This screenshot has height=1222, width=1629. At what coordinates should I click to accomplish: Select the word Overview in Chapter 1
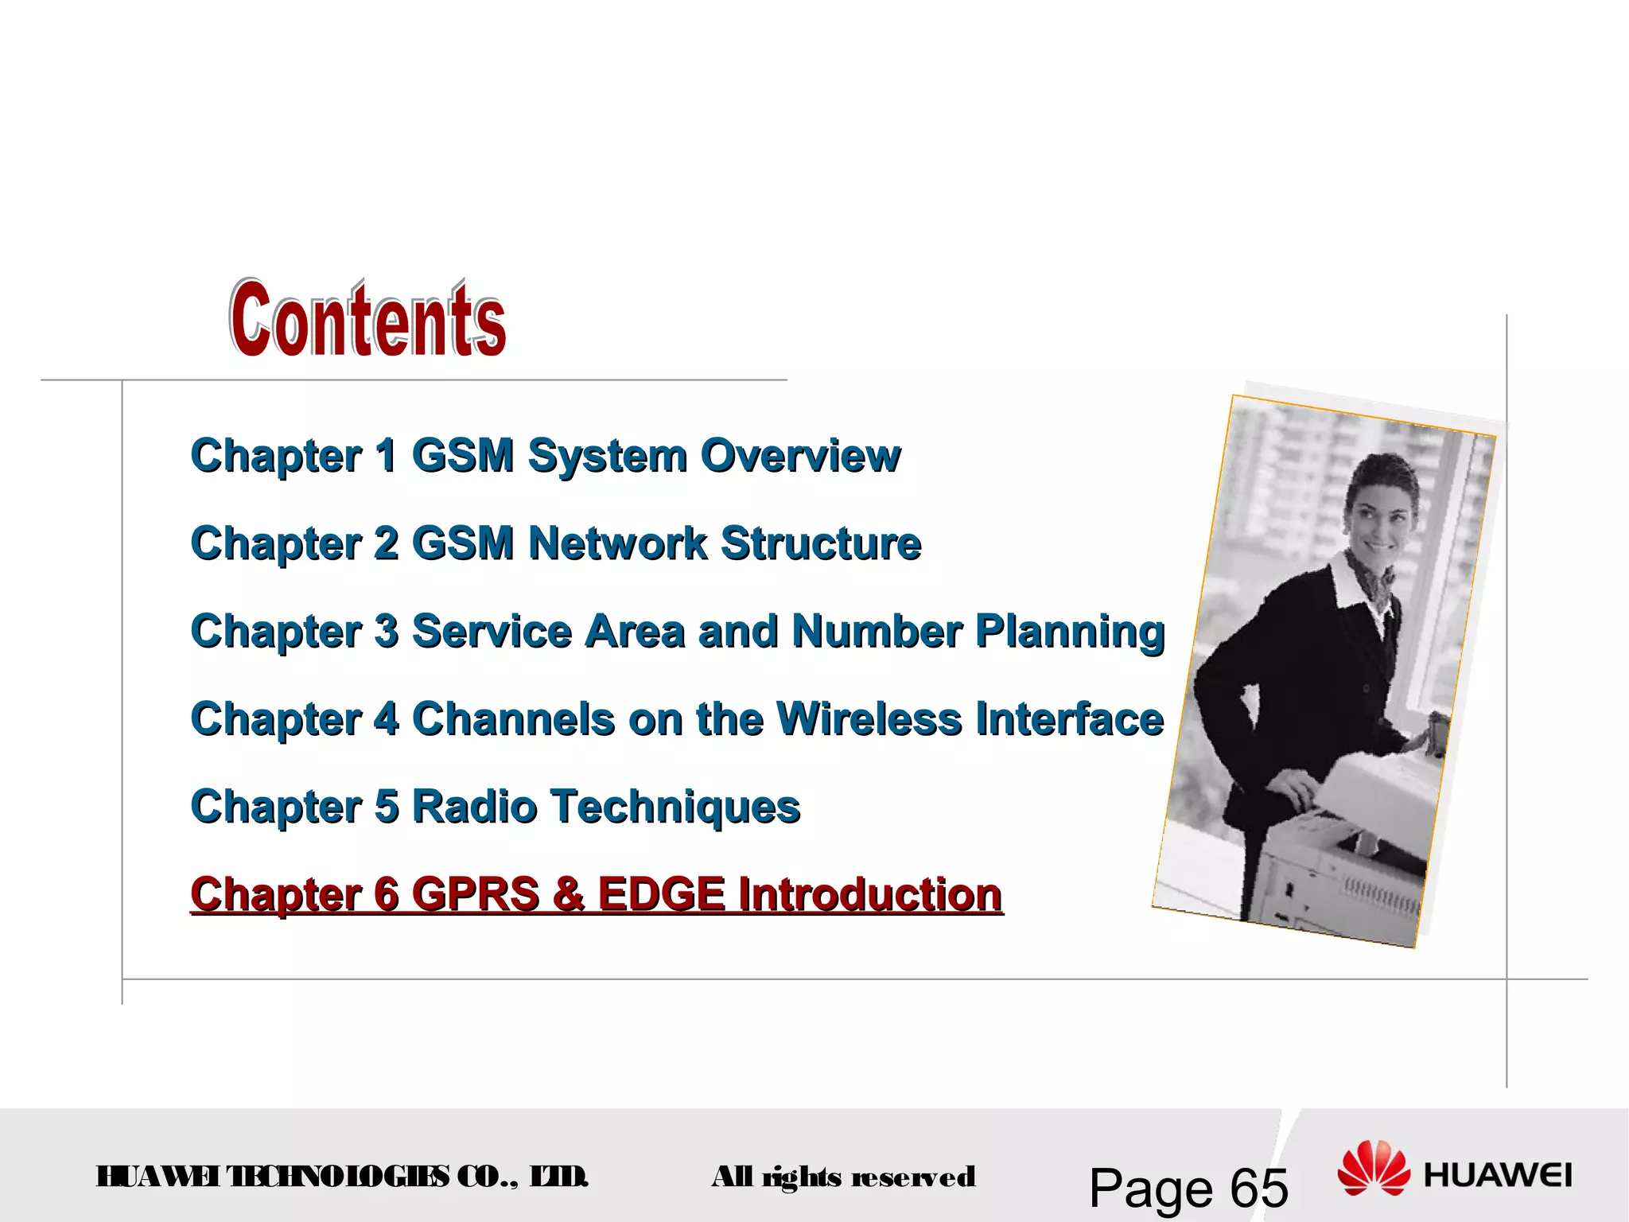(800, 456)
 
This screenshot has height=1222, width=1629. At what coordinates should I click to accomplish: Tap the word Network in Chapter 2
(617, 543)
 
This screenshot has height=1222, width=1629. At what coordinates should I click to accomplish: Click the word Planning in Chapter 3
(1070, 632)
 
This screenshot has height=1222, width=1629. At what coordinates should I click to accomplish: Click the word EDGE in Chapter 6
(661, 894)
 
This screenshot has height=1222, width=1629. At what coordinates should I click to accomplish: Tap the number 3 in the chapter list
(387, 632)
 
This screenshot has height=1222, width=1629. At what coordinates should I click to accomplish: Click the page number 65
(1258, 1188)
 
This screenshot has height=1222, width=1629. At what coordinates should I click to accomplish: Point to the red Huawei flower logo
(1373, 1169)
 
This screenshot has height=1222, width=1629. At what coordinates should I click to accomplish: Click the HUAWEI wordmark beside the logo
(1498, 1176)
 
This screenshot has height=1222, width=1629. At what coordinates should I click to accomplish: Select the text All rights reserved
(843, 1177)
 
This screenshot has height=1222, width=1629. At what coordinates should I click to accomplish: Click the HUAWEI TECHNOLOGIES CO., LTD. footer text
(342, 1177)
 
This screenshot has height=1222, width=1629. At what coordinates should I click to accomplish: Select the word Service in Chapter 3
(492, 632)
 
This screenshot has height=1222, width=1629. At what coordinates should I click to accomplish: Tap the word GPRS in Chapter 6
(476, 894)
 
